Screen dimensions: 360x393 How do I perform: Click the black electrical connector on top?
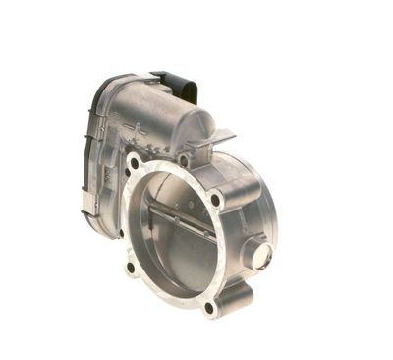click(x=177, y=85)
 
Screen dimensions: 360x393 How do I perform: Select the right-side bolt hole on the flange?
click(x=216, y=200)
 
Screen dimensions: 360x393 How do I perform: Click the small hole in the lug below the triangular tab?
click(x=185, y=160)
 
